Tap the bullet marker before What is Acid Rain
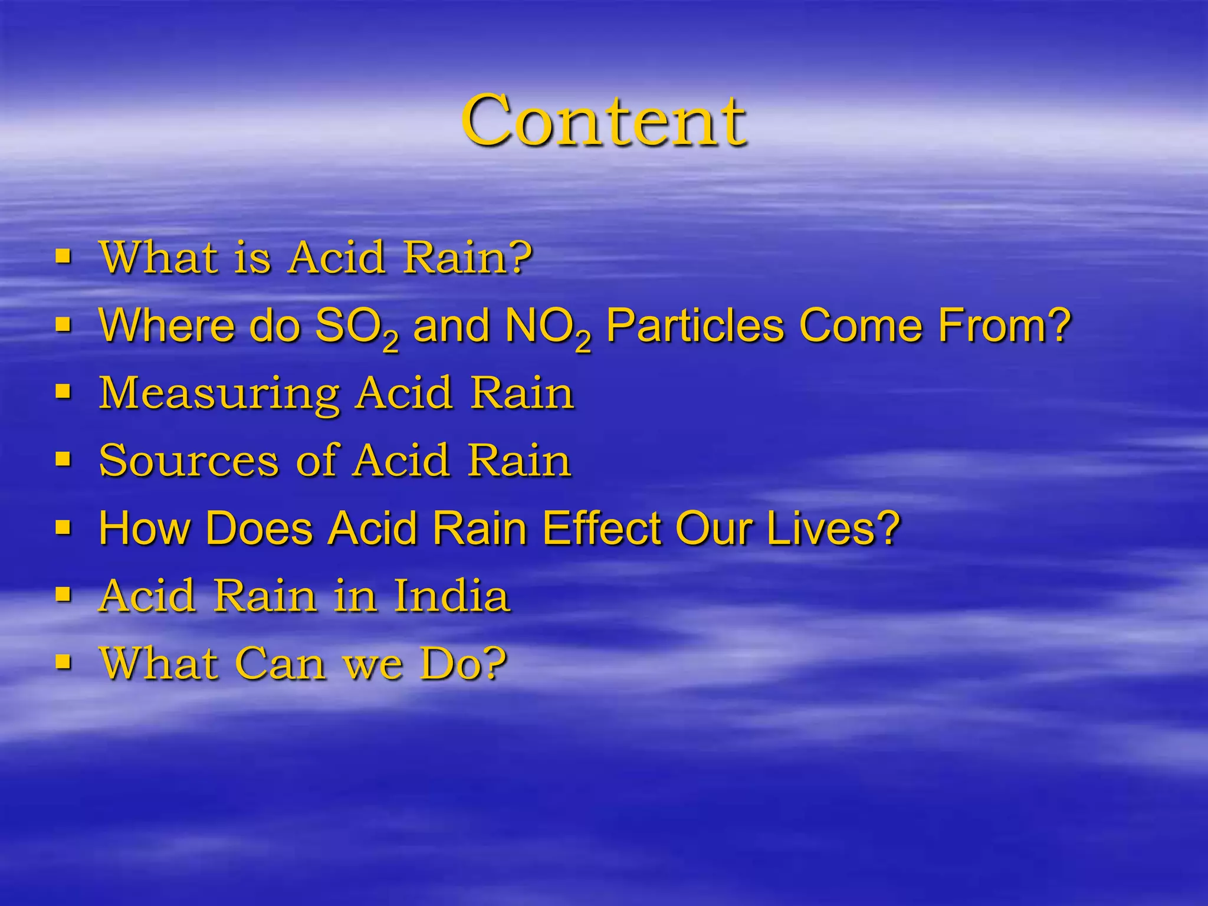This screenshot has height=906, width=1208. point(63,257)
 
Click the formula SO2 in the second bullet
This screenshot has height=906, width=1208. point(356,327)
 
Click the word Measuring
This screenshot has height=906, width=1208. point(219,393)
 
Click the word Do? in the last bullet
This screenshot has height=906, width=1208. point(463,664)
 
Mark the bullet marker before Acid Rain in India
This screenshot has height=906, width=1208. point(63,594)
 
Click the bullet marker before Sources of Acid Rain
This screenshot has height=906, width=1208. point(63,459)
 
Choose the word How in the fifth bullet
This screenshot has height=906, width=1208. point(144,528)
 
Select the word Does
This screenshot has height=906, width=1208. point(259,528)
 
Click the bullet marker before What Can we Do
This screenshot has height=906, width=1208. point(63,662)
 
